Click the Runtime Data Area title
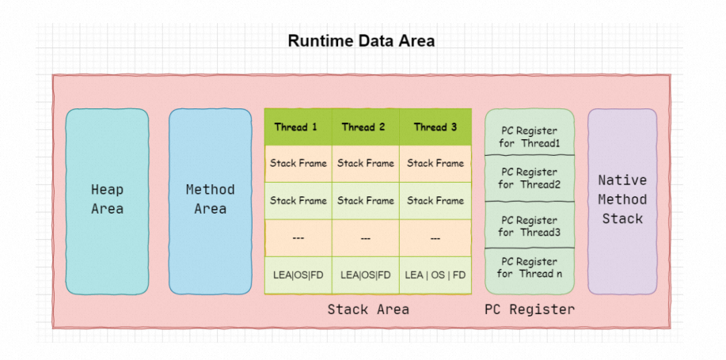click(361, 40)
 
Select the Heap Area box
click(107, 201)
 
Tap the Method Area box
click(211, 201)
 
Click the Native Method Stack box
click(622, 201)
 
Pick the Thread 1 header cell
click(298, 127)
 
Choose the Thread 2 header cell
click(365, 127)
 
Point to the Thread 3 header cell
click(435, 127)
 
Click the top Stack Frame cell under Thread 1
click(298, 163)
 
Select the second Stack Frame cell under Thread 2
click(365, 201)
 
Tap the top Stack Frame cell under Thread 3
click(435, 163)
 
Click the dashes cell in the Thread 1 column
click(298, 238)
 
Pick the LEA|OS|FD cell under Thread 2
click(365, 275)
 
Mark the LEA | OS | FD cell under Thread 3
click(435, 275)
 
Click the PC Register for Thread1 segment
click(529, 132)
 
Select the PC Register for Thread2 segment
click(529, 178)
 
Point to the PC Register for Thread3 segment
click(529, 225)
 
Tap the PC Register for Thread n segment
click(529, 271)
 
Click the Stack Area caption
click(368, 309)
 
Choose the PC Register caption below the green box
click(529, 309)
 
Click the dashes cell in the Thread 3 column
click(435, 238)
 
